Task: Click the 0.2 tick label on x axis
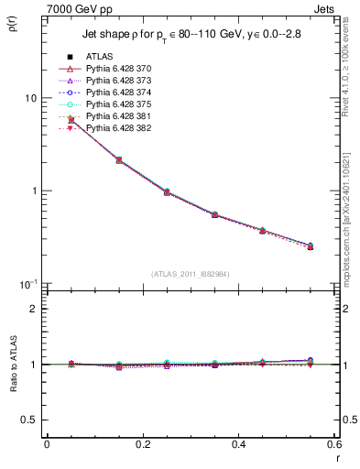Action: click(x=142, y=446)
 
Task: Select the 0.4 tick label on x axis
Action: click(x=238, y=446)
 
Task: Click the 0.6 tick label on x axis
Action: click(x=334, y=446)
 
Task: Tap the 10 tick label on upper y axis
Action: click(x=30, y=98)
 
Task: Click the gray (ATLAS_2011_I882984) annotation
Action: click(x=190, y=273)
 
